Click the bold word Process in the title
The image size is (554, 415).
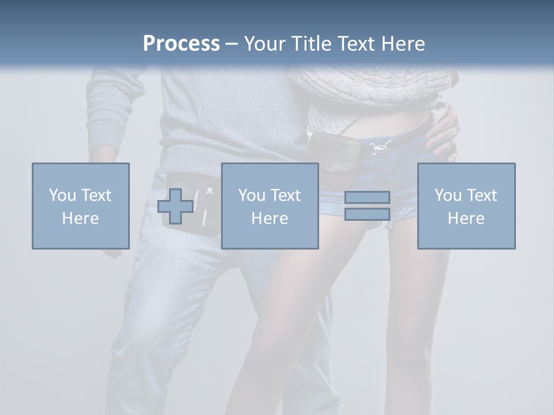click(181, 44)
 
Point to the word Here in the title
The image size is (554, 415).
click(402, 44)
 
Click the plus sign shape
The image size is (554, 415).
click(175, 206)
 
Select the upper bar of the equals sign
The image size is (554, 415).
click(367, 197)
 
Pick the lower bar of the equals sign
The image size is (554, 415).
click(367, 214)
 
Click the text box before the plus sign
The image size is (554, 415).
click(80, 206)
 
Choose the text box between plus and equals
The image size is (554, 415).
click(269, 206)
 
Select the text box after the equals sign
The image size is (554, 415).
click(466, 206)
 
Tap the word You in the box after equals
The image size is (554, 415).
click(447, 195)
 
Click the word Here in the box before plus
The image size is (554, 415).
click(80, 218)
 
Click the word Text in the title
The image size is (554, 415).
click(354, 44)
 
